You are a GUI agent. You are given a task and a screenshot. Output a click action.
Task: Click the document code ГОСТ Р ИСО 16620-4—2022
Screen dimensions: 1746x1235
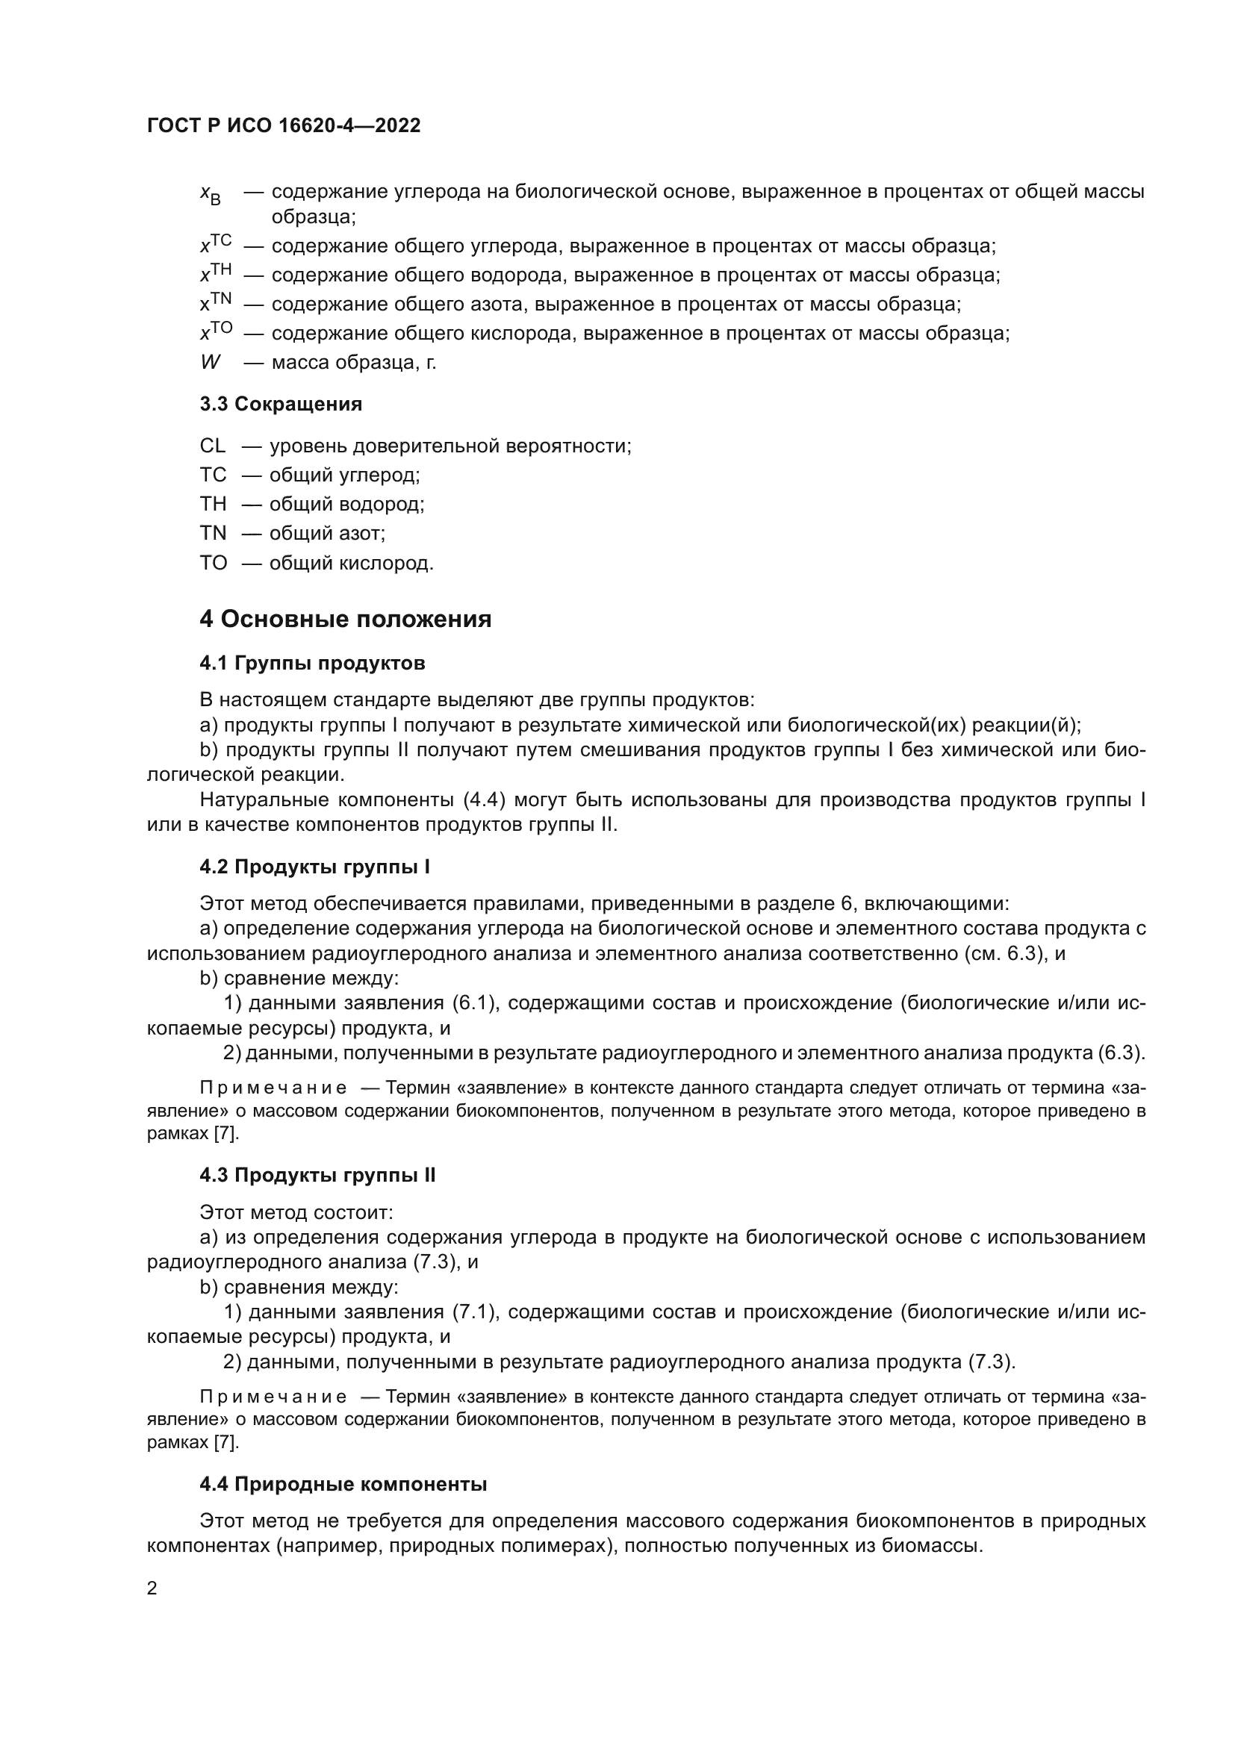(x=284, y=125)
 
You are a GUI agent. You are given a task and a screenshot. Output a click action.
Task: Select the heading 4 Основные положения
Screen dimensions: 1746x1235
(x=345, y=619)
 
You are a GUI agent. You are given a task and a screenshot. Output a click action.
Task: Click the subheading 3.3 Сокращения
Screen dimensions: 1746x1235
(x=281, y=404)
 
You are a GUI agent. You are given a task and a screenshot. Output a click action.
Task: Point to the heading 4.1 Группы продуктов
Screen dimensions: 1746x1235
(x=312, y=663)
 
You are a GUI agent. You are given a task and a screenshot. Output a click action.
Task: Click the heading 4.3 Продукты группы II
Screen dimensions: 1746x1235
(x=317, y=1175)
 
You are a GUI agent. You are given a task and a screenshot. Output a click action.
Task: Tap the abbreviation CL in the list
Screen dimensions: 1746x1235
(x=213, y=446)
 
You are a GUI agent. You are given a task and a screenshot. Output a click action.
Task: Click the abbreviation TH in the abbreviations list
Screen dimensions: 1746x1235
(x=213, y=504)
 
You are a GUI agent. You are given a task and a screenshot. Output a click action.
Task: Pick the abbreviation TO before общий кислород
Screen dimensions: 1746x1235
(x=214, y=563)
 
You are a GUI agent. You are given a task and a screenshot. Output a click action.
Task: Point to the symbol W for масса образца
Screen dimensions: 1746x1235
(x=210, y=363)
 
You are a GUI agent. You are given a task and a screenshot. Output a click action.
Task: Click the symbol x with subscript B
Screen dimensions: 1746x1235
(x=210, y=195)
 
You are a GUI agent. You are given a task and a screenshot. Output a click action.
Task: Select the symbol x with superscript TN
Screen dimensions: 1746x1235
(x=215, y=302)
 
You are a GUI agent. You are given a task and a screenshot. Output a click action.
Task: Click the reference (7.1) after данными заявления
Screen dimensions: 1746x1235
(x=475, y=1312)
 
